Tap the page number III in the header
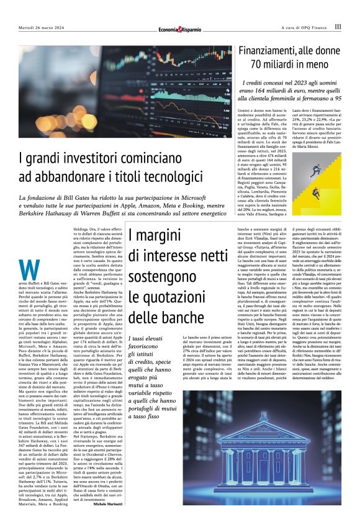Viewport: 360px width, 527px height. tap(338, 27)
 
